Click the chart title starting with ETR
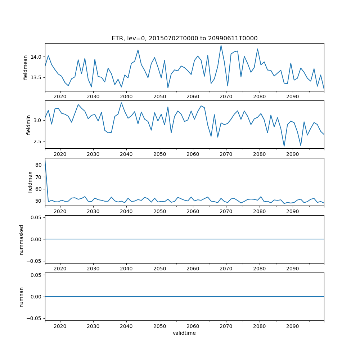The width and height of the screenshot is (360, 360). (184, 38)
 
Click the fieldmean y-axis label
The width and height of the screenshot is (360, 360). (26, 67)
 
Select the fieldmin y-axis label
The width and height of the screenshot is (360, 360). (28, 124)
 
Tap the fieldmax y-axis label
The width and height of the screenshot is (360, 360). (30, 182)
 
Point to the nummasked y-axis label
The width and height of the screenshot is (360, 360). (22, 239)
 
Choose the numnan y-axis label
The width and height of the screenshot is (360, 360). (22, 297)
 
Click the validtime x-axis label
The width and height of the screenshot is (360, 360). (184, 333)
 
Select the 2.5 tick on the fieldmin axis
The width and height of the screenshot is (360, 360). (38, 141)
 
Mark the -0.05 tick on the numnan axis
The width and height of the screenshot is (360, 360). (35, 318)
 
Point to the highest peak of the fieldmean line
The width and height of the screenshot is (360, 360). (221, 45)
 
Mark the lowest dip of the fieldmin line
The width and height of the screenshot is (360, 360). (284, 146)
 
